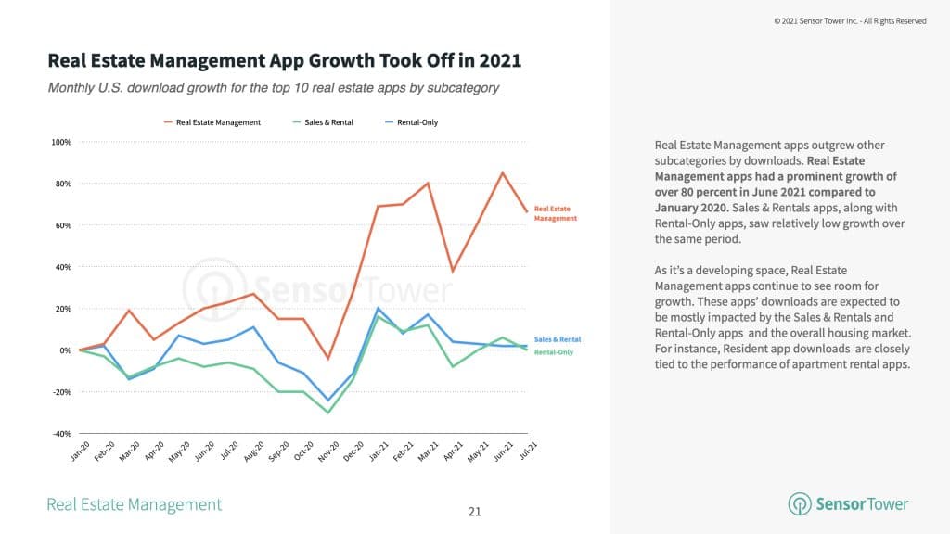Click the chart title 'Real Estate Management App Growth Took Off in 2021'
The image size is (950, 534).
284,61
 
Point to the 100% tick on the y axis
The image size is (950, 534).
61,142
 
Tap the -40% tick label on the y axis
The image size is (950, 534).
61,434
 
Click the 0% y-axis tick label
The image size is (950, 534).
67,350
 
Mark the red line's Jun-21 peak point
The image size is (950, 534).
502,172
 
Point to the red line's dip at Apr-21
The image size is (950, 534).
452,271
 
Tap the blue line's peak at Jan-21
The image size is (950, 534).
379,308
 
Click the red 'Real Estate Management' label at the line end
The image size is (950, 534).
555,213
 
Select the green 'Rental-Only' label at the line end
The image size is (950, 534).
553,352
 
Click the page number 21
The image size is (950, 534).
475,512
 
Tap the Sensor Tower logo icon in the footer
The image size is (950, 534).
799,504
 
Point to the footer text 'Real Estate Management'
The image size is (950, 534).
135,504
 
